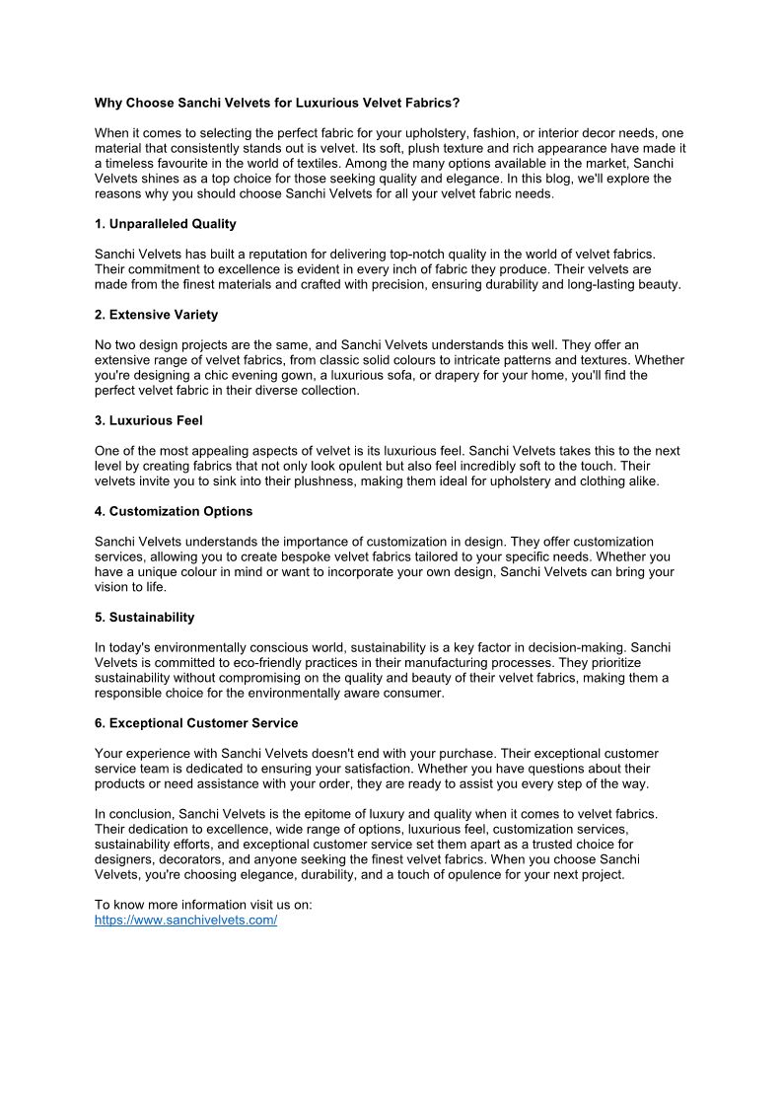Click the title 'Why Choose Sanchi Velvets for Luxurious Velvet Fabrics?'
click(x=277, y=103)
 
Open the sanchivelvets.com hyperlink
click(x=185, y=920)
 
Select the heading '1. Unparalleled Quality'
click(x=165, y=224)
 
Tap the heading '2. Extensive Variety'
click(x=156, y=315)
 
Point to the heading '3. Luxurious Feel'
click(x=148, y=420)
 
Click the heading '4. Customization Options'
click(x=174, y=511)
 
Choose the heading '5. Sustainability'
click(x=144, y=617)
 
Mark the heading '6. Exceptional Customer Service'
click(x=196, y=723)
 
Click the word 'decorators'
click(x=189, y=859)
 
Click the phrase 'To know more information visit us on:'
click(x=203, y=905)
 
